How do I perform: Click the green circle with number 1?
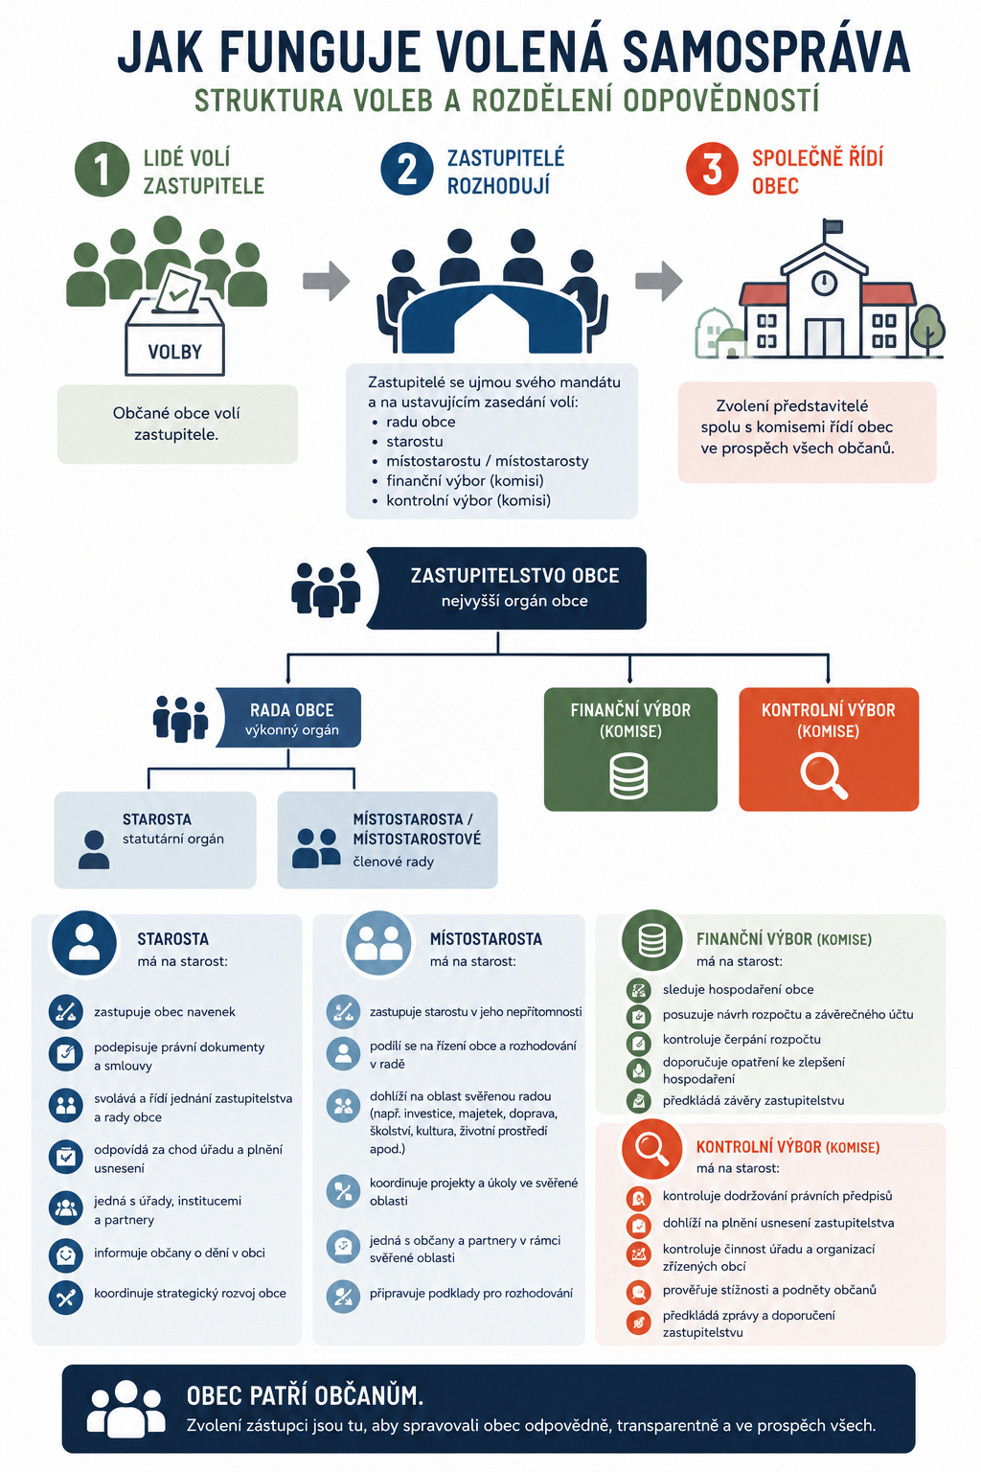(x=102, y=169)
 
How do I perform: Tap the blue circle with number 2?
(x=407, y=169)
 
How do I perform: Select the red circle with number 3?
(x=712, y=169)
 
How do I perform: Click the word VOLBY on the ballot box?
(x=174, y=353)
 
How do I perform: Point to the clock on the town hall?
(x=823, y=283)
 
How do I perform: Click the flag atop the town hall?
(x=833, y=226)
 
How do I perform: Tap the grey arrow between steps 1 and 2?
(x=326, y=281)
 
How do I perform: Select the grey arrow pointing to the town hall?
(x=658, y=281)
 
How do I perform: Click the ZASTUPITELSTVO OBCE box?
(x=507, y=588)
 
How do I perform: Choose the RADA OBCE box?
(x=288, y=718)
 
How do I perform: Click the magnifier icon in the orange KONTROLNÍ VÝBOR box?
(x=824, y=775)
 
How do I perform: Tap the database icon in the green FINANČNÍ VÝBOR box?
(x=628, y=776)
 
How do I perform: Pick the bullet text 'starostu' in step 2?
(x=415, y=442)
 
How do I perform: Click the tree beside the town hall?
(x=928, y=329)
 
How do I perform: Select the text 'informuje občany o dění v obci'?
(x=179, y=1253)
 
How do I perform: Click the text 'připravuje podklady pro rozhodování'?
(x=471, y=1294)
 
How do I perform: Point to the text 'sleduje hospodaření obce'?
(x=738, y=990)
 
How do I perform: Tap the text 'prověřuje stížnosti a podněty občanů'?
(x=769, y=1290)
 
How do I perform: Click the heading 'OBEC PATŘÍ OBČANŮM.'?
(x=305, y=1395)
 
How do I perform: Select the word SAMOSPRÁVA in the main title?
(x=766, y=51)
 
